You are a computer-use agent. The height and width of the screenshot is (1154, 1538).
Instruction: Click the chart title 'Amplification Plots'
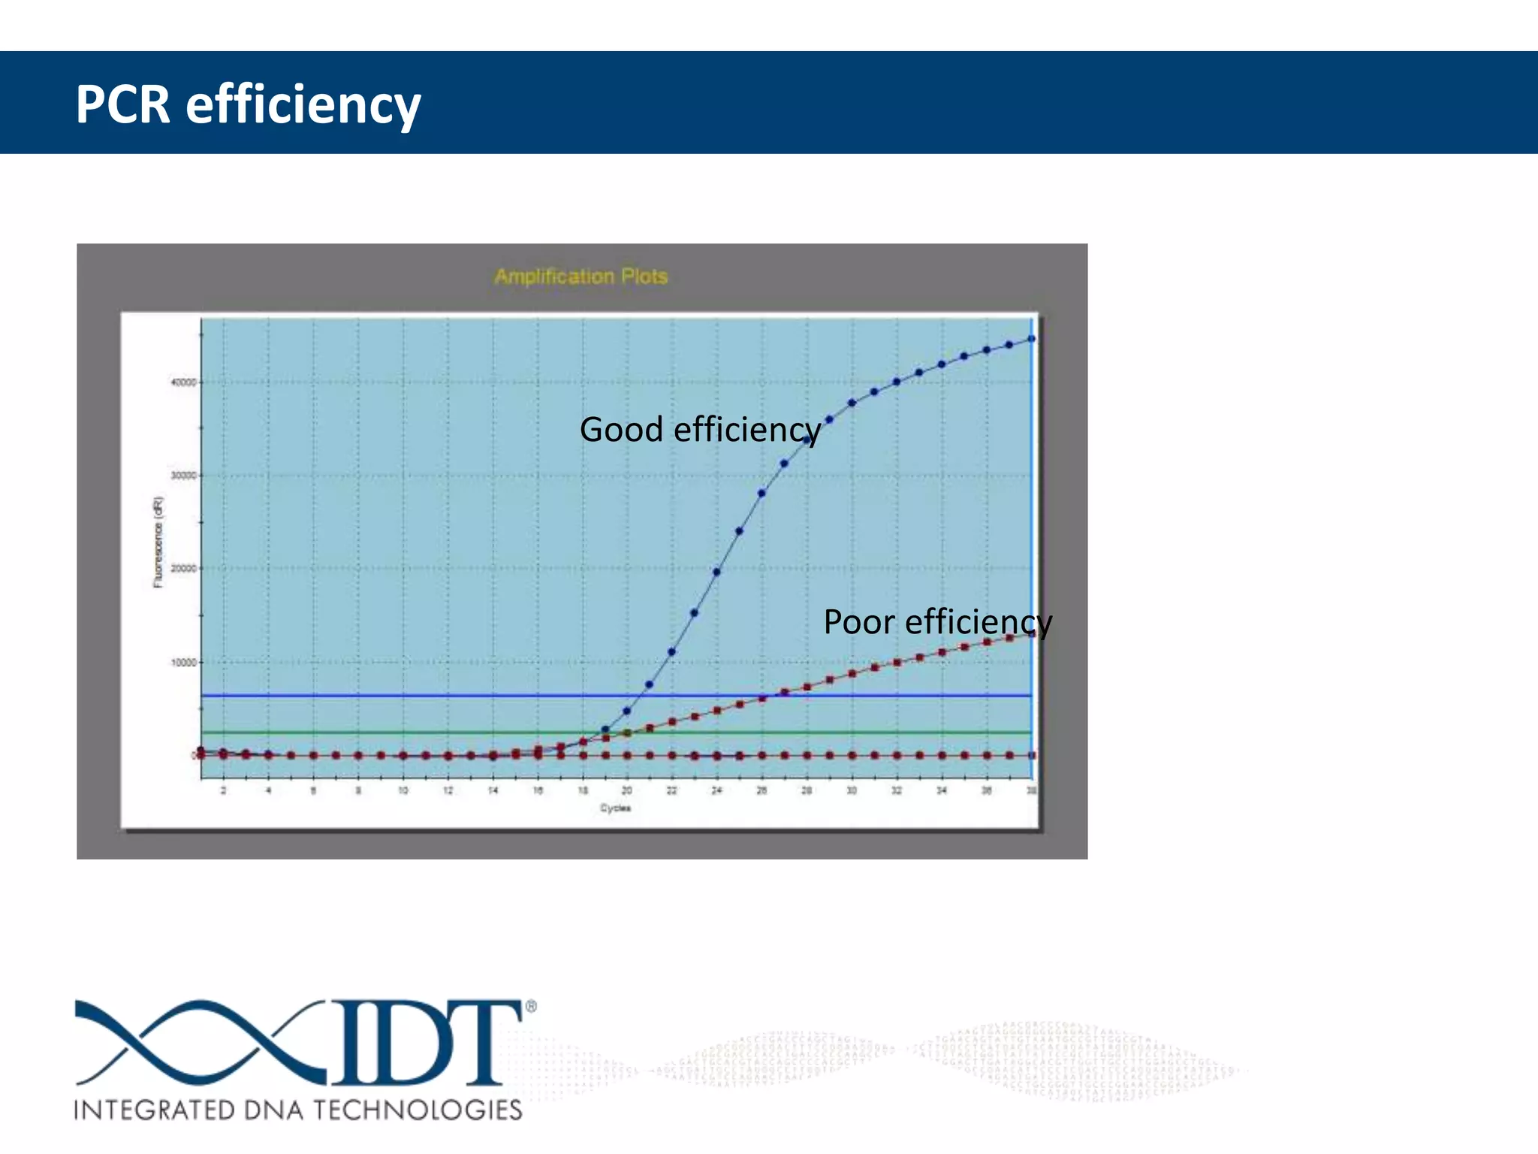click(581, 276)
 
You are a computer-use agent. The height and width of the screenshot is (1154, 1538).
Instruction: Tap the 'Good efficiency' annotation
click(700, 430)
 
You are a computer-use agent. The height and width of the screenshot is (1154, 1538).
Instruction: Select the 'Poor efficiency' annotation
click(937, 622)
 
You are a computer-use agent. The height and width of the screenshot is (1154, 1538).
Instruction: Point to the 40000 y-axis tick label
click(183, 382)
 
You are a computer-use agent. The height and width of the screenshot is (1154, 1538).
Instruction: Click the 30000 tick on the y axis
click(183, 476)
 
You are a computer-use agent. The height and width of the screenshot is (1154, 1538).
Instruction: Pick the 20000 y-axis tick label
click(183, 569)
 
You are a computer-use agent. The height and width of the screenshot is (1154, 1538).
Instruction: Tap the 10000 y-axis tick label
click(183, 663)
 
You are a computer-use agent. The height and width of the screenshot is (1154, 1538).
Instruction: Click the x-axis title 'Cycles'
click(615, 808)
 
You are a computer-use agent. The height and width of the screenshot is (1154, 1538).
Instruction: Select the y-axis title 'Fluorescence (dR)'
click(158, 541)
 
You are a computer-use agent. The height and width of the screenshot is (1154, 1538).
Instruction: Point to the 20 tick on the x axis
click(626, 790)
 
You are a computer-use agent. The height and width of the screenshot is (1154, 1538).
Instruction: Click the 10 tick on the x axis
click(403, 790)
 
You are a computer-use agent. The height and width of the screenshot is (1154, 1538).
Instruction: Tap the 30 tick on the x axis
click(852, 790)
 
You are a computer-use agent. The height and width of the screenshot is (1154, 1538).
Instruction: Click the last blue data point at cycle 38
click(1032, 339)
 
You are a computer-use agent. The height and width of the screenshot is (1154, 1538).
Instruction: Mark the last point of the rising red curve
click(1032, 634)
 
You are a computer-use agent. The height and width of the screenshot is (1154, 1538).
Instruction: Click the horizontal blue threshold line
click(451, 696)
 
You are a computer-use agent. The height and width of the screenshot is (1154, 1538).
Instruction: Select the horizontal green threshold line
click(451, 733)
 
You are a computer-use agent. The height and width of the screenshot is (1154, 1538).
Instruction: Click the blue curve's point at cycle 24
click(716, 572)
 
